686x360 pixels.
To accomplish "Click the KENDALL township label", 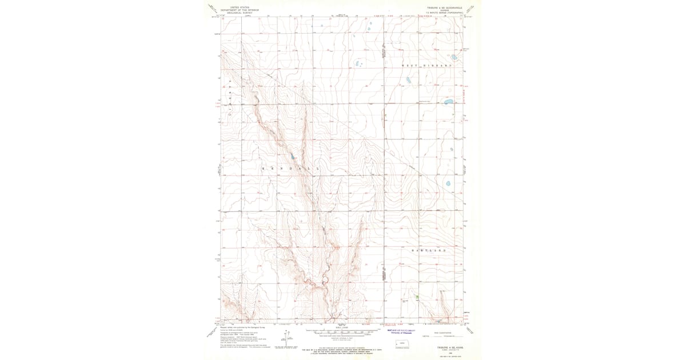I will (288, 169).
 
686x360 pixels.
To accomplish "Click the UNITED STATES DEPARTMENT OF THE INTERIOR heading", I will (240, 10).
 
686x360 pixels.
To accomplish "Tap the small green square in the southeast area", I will (417, 297).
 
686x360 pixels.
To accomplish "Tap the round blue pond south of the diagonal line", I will (448, 184).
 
